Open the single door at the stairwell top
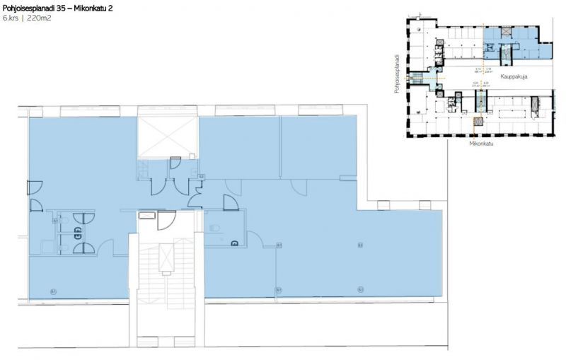(x=167, y=221)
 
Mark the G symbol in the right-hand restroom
(x=233, y=243)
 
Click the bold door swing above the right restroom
(x=230, y=203)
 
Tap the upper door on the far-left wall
(x=34, y=187)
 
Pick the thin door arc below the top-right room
(x=299, y=186)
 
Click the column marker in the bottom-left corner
(x=53, y=291)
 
